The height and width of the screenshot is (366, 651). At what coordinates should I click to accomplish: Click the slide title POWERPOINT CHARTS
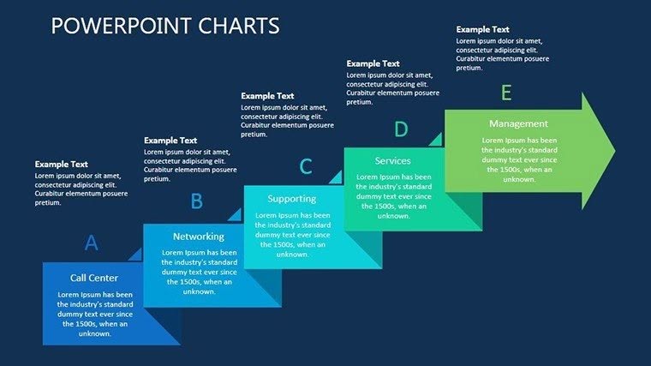coord(165,26)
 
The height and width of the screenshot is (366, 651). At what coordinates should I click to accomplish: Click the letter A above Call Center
coord(92,243)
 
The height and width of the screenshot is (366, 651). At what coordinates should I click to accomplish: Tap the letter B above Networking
coord(196,201)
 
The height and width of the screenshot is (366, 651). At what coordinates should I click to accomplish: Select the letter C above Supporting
coord(305,166)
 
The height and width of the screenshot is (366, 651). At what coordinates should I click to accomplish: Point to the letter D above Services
coord(401,129)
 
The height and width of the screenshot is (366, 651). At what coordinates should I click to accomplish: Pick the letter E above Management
coord(506,93)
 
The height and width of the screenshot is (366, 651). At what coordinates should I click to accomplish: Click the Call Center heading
coord(94,278)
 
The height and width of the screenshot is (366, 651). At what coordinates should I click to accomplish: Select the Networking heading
coord(199,237)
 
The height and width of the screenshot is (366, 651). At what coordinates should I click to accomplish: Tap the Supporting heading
coord(292,199)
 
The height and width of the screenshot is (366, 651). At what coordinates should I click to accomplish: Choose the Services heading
coord(393,160)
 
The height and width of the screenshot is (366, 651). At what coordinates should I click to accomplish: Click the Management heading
coord(518,123)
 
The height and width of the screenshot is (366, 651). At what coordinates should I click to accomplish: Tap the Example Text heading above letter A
coord(62,164)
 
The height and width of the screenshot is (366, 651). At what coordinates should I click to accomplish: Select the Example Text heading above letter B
coord(170,141)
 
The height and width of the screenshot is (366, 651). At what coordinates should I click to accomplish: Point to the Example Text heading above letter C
coord(267,96)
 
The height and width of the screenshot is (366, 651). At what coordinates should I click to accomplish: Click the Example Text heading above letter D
coord(373,63)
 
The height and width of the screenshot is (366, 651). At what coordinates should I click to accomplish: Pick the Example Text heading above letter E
coord(482,28)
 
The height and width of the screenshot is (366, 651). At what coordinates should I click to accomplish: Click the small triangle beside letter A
coord(135,254)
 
